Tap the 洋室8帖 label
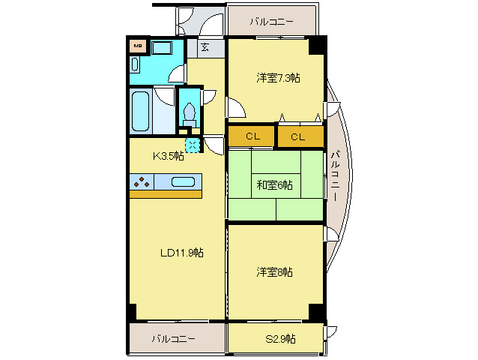274,271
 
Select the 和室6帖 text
275,184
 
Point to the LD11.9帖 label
181,253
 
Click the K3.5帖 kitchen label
169,157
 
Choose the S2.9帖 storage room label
280,338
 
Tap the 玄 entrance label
204,47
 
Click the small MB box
137,46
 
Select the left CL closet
252,136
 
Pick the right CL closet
298,136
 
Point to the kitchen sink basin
183,181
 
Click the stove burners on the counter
142,181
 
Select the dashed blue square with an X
193,145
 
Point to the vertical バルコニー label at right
334,176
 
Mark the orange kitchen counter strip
166,194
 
